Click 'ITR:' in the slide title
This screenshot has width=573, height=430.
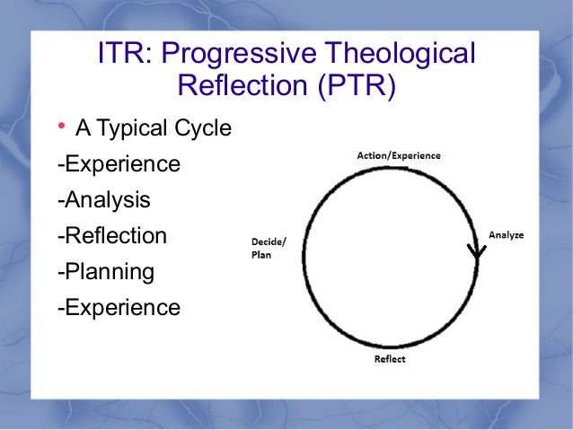click(124, 55)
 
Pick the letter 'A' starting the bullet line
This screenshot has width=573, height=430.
click(84, 129)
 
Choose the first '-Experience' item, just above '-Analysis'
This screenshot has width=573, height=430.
click(118, 165)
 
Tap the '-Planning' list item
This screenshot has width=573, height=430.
click(105, 272)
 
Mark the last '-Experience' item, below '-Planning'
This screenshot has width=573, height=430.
click(118, 308)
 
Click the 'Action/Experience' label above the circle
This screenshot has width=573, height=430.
click(398, 155)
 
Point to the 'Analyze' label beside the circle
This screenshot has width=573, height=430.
click(506, 235)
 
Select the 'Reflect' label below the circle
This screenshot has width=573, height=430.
click(389, 359)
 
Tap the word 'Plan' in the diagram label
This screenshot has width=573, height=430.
click(260, 254)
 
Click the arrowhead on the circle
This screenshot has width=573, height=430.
click(477, 250)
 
